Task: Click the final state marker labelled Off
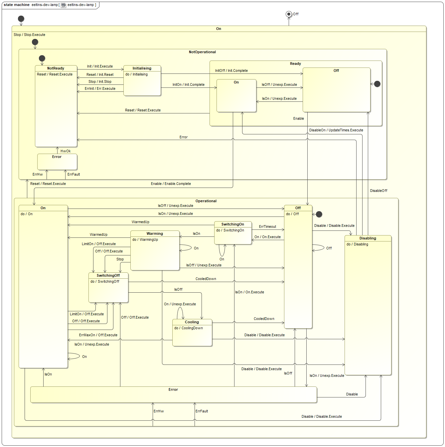point(289,14)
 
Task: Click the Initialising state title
point(142,68)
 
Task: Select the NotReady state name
point(56,68)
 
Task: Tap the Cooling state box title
point(192,322)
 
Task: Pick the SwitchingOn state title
point(233,224)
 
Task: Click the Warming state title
point(155,233)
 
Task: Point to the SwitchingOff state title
point(108,275)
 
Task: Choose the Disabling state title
point(368,238)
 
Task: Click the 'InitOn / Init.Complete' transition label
point(189,84)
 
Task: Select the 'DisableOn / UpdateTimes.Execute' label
point(336,130)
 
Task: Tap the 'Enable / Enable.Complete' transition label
point(171,184)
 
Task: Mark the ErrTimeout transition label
point(267,226)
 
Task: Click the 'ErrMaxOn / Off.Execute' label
point(98,335)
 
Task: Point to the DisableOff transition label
point(378,191)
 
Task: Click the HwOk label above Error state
point(66,151)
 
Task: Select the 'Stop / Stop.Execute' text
point(29,35)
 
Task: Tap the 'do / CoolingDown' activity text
point(189,328)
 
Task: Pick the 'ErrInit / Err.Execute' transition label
point(100,88)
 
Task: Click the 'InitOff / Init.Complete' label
point(231,71)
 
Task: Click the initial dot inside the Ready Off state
point(377,84)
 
